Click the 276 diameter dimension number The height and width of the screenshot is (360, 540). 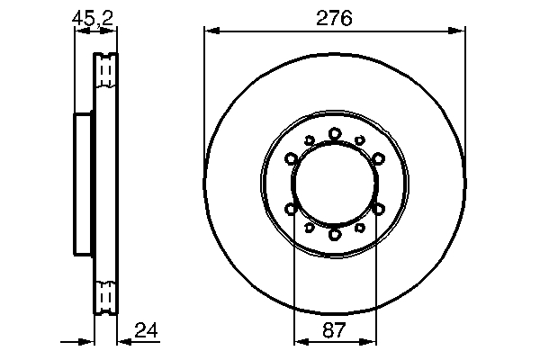point(335,17)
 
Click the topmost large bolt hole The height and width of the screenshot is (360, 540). point(335,133)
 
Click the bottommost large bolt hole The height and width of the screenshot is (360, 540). point(335,234)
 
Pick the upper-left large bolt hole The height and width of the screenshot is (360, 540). point(292,159)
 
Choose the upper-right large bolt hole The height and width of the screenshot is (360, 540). point(378,159)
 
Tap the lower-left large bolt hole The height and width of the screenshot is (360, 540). point(292,209)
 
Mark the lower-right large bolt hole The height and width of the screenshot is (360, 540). point(378,209)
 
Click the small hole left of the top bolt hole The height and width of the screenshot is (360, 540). point(309,140)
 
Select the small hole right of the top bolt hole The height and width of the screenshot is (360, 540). point(360,140)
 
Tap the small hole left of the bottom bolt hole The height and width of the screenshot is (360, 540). point(309,228)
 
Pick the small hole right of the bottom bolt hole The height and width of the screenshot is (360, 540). point(360,228)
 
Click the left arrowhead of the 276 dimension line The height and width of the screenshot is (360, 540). point(211,31)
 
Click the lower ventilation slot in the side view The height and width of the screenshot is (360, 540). point(106,294)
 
